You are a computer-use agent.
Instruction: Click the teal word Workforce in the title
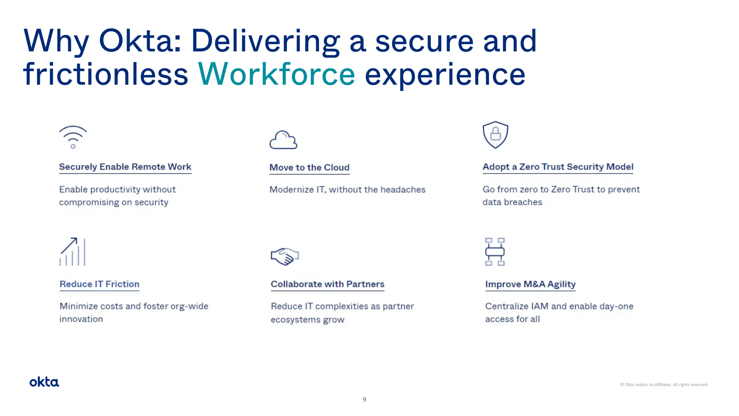[276, 74]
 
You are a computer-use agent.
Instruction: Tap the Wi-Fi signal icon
[73, 137]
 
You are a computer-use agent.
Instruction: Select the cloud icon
[283, 140]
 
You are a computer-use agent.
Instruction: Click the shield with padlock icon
[495, 135]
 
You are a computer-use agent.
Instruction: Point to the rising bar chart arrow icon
[73, 251]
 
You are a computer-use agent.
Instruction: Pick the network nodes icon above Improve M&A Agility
[495, 252]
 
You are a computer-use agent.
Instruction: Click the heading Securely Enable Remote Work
[125, 167]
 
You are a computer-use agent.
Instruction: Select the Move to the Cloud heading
[309, 168]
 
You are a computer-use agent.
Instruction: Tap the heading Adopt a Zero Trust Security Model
[558, 167]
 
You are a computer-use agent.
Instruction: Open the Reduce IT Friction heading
[99, 284]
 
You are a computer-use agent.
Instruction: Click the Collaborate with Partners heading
[327, 284]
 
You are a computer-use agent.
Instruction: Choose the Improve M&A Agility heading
[530, 284]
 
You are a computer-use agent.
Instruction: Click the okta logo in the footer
[44, 382]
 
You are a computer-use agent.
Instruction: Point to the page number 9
[364, 399]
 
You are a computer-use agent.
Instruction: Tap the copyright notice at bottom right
[664, 385]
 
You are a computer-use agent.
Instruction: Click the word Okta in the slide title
[140, 41]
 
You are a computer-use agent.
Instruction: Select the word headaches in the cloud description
[403, 190]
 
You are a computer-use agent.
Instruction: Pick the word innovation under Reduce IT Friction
[81, 319]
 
